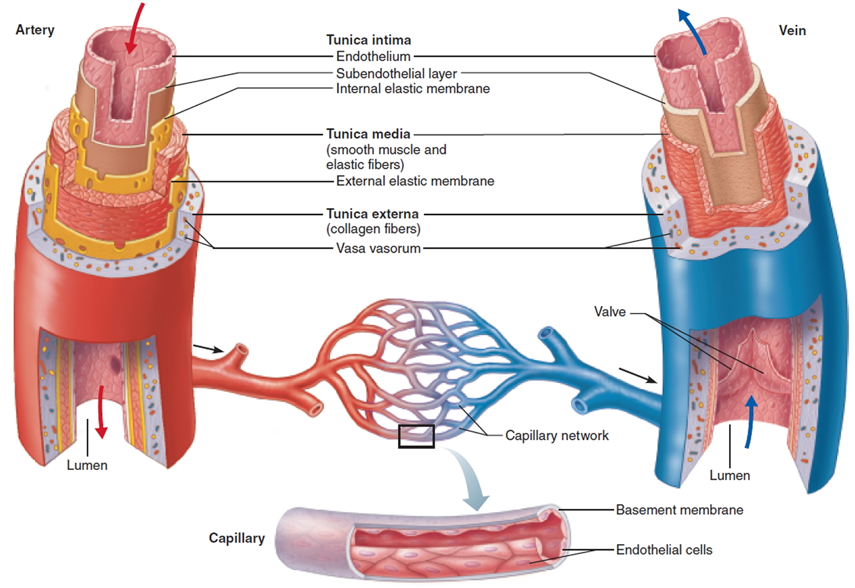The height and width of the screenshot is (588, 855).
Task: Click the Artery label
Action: point(35,30)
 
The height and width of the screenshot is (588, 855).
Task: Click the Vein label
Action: point(792,30)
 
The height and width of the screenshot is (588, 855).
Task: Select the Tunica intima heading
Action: point(368,40)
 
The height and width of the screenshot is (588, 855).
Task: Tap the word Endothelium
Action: point(373,56)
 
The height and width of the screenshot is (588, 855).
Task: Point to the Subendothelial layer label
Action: point(396,74)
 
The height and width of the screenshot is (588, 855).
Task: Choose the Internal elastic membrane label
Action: point(413,88)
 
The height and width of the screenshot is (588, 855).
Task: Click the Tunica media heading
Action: point(368,134)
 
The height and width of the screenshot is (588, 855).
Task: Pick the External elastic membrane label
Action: point(415,181)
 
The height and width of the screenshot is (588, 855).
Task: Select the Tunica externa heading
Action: point(372,214)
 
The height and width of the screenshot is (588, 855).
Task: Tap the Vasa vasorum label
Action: point(378,249)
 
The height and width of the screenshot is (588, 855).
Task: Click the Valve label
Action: point(609,312)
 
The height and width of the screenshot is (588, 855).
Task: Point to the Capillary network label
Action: point(556,436)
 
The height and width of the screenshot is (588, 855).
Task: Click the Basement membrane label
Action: point(679,510)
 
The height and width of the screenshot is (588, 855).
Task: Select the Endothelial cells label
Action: point(664,550)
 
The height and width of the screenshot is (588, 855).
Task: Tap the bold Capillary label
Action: point(237,538)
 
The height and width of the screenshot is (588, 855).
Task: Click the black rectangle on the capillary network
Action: point(416,436)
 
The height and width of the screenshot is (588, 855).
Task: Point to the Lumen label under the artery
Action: point(87,465)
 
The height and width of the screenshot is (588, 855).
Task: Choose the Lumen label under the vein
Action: point(729,476)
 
